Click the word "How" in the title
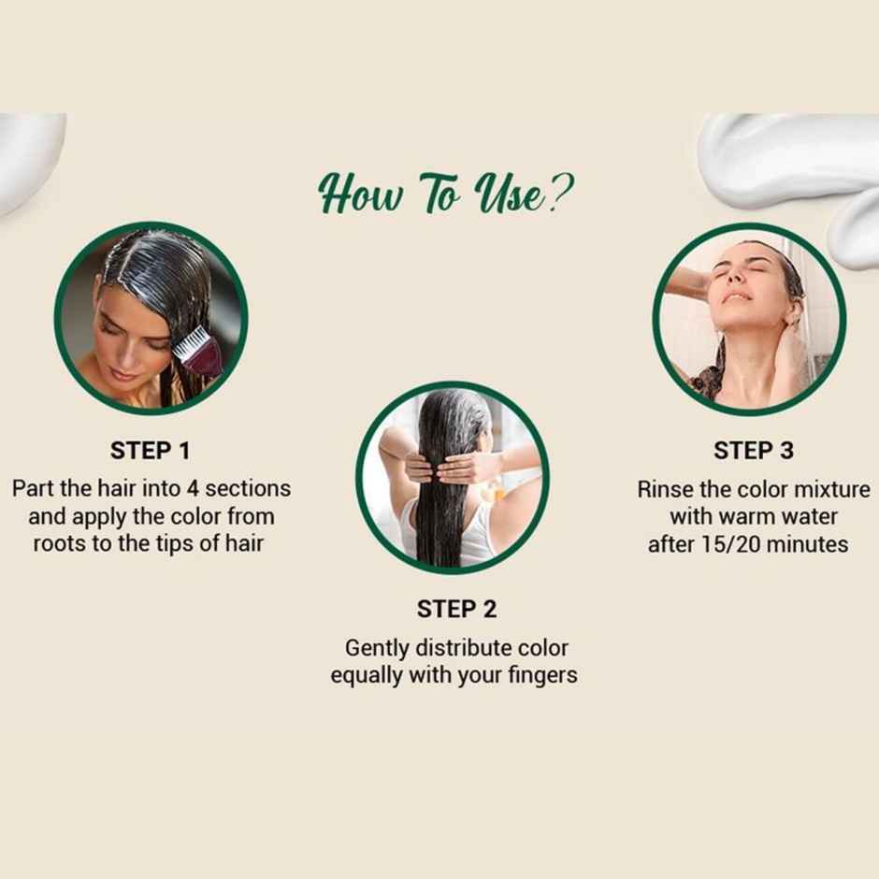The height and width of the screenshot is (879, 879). tap(360, 194)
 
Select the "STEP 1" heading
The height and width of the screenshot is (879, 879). tap(151, 451)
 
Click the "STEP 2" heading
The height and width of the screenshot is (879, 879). tap(456, 610)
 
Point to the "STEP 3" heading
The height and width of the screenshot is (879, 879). tap(754, 451)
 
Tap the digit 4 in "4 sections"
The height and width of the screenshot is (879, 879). tap(193, 489)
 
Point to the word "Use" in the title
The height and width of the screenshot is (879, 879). tap(509, 194)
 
